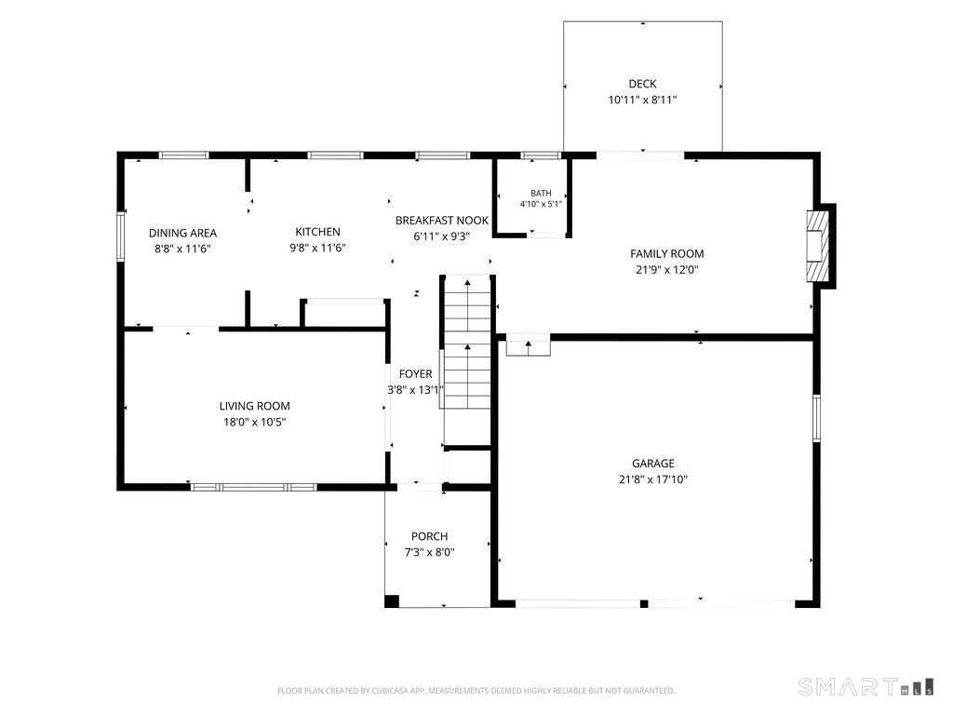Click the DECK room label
pos(642,84)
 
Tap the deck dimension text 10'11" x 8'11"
pos(642,100)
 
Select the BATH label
pos(541,194)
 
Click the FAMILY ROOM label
pos(666,253)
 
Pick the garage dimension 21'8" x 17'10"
pos(652,479)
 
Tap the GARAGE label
pos(652,464)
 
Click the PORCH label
pos(430,536)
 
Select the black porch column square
pos(392,600)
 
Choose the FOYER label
pos(416,374)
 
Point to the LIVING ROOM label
pos(255,406)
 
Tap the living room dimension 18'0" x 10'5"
pos(255,422)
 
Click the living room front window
pos(253,487)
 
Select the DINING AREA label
pos(183,233)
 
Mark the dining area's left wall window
pos(121,236)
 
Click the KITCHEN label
pos(318,232)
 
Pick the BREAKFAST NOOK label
pos(442,220)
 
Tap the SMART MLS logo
pos(866,687)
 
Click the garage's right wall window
pos(816,418)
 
